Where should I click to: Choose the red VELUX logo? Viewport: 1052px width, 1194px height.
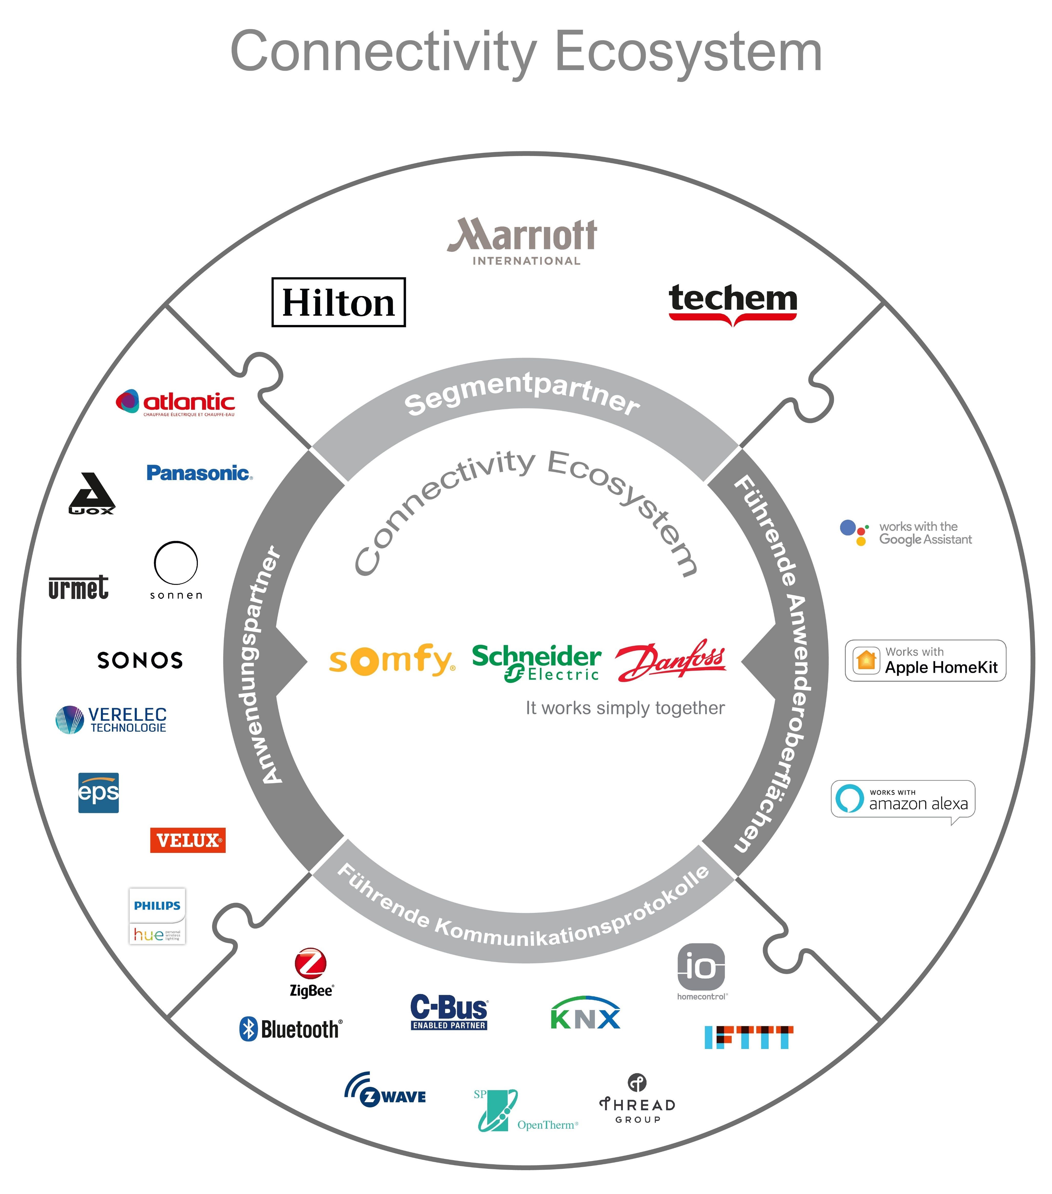[x=188, y=840]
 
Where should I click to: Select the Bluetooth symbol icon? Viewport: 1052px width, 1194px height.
[x=249, y=1029]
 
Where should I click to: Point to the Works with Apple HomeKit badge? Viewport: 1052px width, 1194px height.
[x=925, y=661]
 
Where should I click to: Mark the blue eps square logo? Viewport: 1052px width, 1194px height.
[x=98, y=793]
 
